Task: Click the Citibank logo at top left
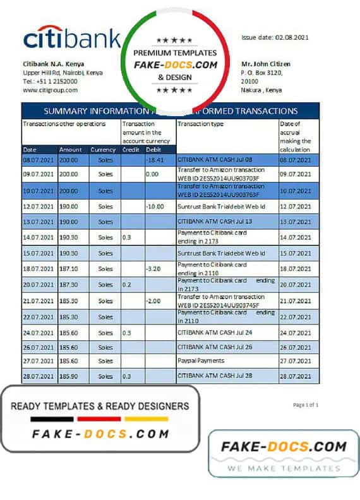(71, 39)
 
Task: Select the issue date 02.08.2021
(275, 37)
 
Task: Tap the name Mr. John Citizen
(266, 64)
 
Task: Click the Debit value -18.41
(155, 160)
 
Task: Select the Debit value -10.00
(155, 206)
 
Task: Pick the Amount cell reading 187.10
(69, 268)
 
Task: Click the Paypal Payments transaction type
(201, 360)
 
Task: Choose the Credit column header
(131, 150)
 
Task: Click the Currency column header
(103, 150)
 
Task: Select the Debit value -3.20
(154, 268)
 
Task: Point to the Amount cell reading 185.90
(69, 376)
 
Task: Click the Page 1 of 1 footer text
(306, 405)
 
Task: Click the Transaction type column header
(201, 124)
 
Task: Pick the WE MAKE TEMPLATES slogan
(284, 468)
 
